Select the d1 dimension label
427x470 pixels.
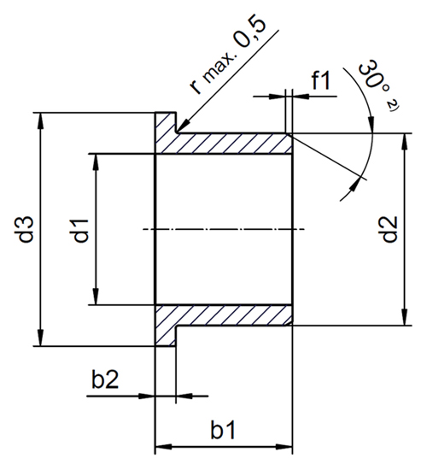tap(81, 230)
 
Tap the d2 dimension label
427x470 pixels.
tap(389, 229)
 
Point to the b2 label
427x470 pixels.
tap(105, 379)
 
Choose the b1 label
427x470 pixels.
tap(223, 431)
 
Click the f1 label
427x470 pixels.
tap(321, 80)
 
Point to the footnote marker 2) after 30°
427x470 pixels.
tap(391, 107)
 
